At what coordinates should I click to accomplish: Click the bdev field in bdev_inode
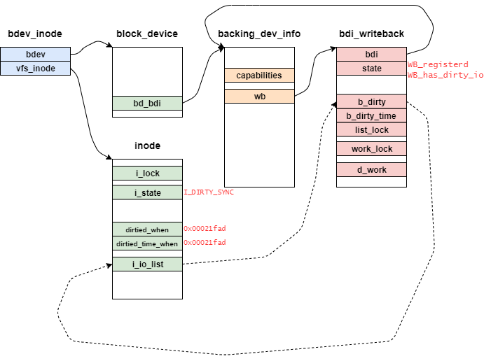pos(35,54)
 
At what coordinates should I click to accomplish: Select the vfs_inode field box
pos(35,68)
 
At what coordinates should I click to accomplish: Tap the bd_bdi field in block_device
pos(147,103)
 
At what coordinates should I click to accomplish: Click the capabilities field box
pos(259,75)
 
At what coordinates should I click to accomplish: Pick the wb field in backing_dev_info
pos(259,96)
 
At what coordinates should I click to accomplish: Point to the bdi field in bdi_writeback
pos(371,54)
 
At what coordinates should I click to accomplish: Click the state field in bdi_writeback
pos(371,68)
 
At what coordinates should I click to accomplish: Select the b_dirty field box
pos(371,102)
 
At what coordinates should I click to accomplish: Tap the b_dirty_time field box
pos(371,116)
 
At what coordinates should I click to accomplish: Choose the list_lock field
pos(371,129)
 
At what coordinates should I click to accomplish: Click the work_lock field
pos(371,148)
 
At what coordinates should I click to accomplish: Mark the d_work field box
pos(371,169)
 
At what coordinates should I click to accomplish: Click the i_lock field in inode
pos(147,173)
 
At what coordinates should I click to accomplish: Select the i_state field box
pos(147,192)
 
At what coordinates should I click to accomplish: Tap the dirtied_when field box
pos(147,229)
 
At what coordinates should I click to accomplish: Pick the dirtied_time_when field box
pos(147,243)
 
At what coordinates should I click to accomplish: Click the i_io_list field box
pos(147,264)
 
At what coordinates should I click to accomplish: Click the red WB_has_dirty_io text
pos(445,74)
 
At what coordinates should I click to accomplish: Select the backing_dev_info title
pos(259,34)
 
